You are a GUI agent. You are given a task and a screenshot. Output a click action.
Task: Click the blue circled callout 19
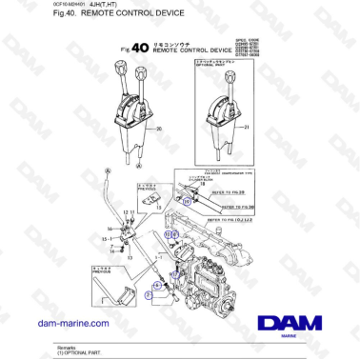(x=188, y=202)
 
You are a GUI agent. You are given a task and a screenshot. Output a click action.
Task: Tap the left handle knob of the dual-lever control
(x=122, y=68)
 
